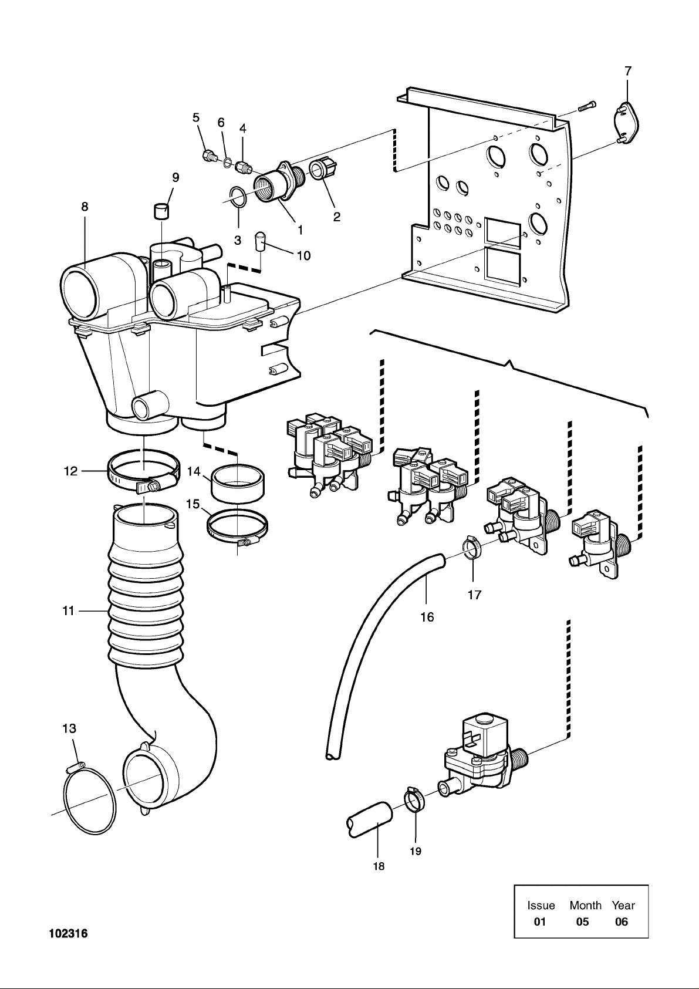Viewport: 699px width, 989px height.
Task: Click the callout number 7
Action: tap(628, 71)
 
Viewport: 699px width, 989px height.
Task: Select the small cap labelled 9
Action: tap(161, 210)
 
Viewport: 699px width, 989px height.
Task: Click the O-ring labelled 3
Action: tap(237, 197)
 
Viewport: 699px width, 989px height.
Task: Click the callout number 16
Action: tap(427, 617)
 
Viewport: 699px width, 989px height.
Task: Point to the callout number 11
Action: tap(69, 611)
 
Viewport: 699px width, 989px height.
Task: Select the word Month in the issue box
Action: tap(585, 905)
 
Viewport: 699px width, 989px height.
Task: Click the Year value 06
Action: tap(621, 922)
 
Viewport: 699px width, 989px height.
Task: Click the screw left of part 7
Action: tap(586, 106)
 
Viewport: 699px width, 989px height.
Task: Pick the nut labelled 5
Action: tap(207, 156)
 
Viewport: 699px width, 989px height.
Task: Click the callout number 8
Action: tap(85, 207)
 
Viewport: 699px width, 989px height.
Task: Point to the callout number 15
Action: tap(192, 504)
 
